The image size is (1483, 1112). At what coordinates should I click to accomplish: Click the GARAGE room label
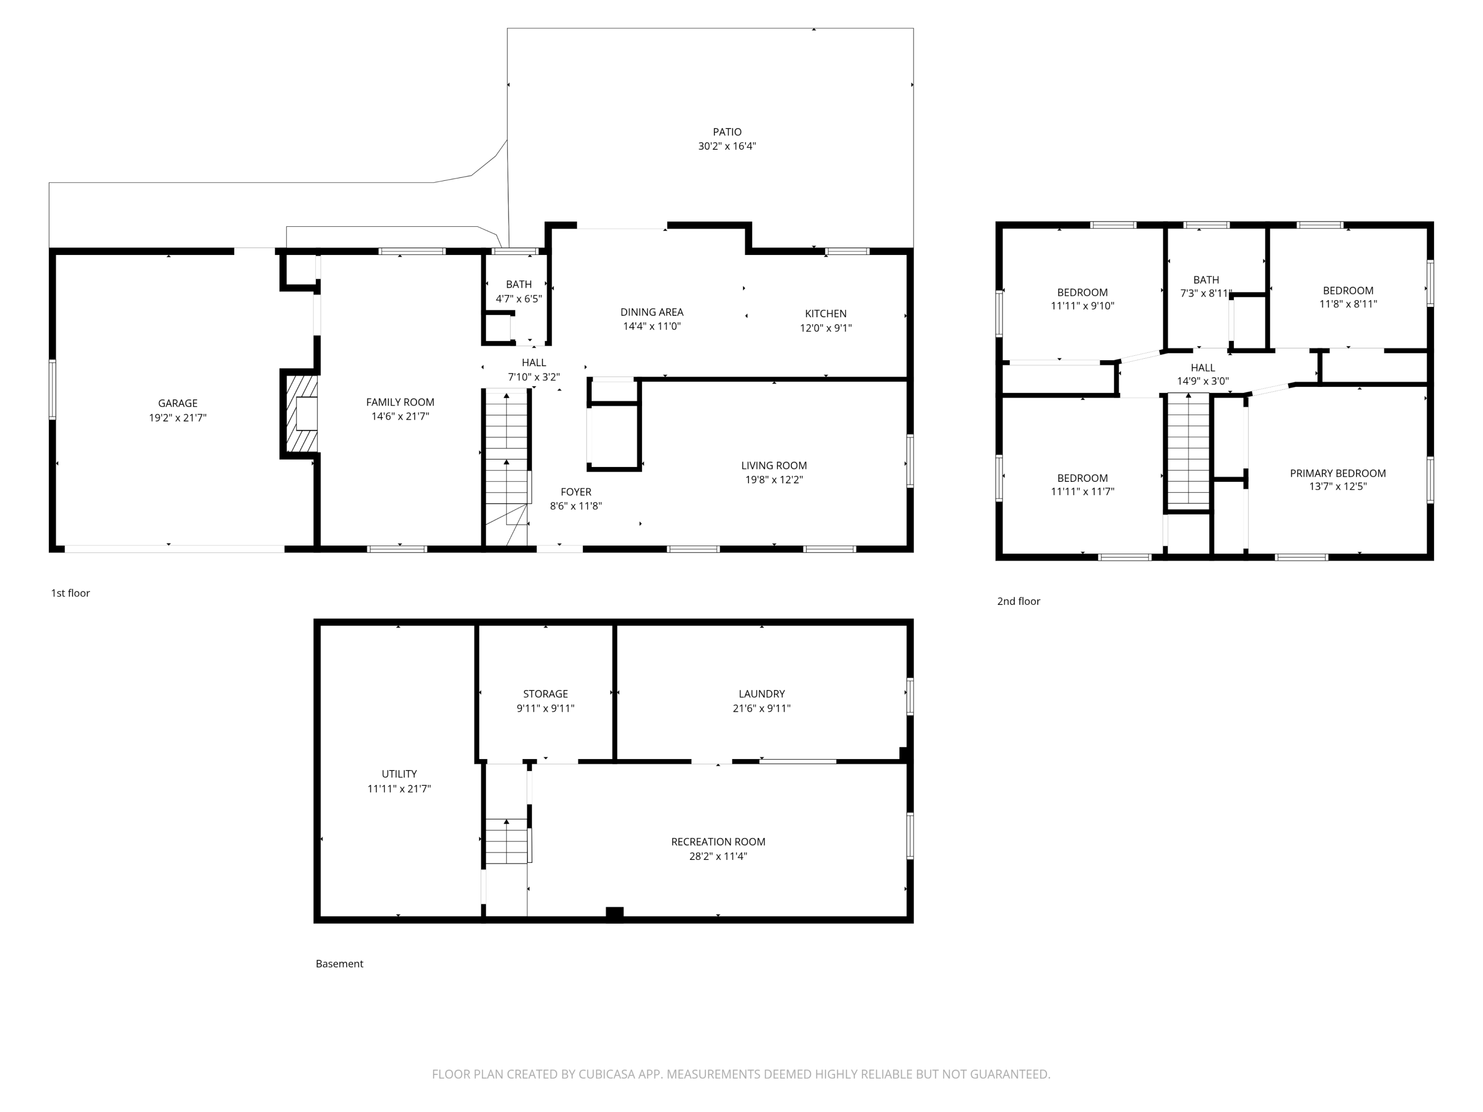pos(177,403)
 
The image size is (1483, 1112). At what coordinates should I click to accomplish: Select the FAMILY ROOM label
pos(400,402)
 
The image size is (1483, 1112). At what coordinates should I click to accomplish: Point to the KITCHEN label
pos(826,314)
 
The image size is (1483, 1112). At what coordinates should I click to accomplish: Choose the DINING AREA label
pos(652,312)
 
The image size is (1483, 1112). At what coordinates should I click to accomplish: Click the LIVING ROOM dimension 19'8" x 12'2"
pos(774,480)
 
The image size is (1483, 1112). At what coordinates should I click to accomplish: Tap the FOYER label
pos(576,492)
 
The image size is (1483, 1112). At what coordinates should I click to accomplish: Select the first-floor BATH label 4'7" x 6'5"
pos(519,292)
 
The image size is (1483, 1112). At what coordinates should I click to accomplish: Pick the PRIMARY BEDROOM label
pos(1338,473)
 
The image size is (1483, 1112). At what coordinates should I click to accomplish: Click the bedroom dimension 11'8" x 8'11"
pos(1348,303)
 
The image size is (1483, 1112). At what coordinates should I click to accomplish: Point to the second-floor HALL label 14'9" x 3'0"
pos(1203,374)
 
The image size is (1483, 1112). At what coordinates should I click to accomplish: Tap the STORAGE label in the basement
pos(545,694)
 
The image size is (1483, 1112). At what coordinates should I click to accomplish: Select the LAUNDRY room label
pos(762,694)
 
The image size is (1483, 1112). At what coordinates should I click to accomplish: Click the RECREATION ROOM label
pos(718,842)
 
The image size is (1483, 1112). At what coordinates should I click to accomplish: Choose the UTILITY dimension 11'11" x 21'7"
pos(399,789)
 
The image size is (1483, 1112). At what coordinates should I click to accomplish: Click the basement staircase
pos(506,841)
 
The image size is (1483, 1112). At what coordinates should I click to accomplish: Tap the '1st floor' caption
pos(70,593)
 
